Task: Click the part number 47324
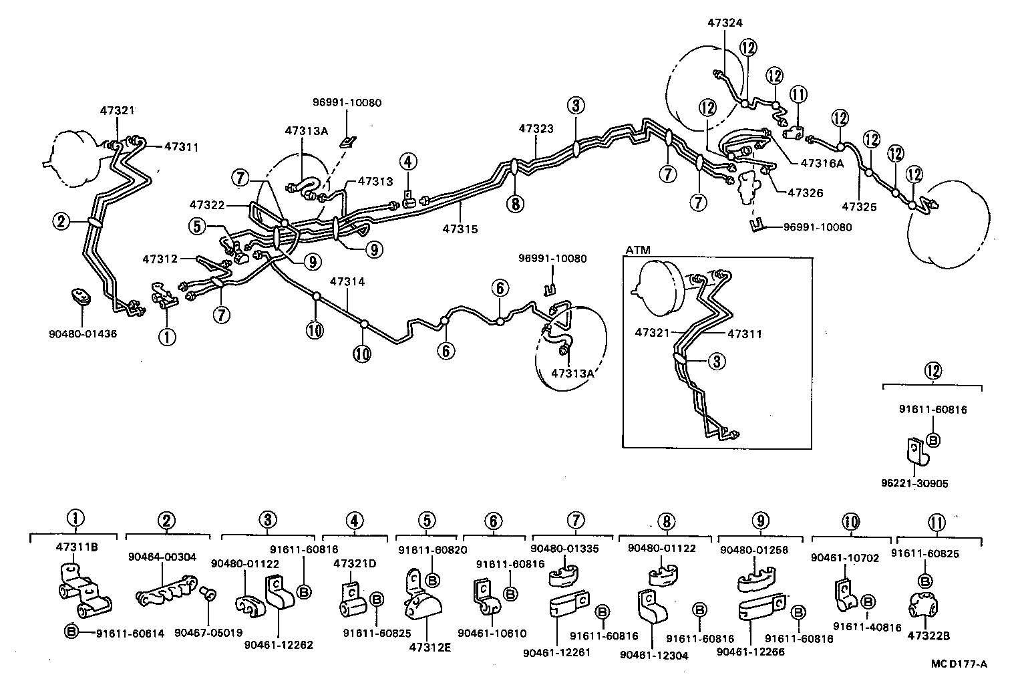[x=725, y=22]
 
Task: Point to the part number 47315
[x=460, y=229]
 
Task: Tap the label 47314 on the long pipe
[x=347, y=283]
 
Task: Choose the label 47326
[x=805, y=192]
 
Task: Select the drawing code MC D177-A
[x=959, y=664]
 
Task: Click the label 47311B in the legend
[x=77, y=546]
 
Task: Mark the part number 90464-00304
[x=162, y=556]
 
